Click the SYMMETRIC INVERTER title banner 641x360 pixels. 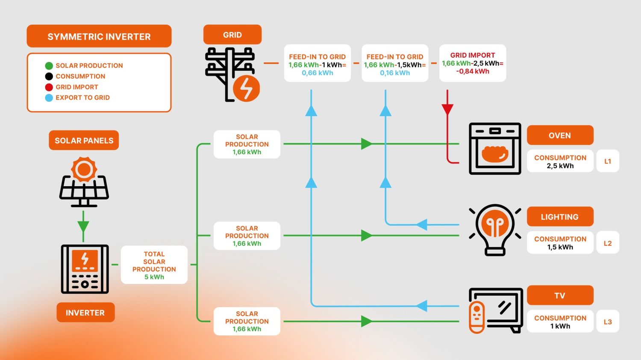[x=99, y=36]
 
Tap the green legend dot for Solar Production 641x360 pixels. [x=49, y=66]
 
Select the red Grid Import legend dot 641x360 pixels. [x=49, y=87]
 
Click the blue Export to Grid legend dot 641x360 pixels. [x=49, y=98]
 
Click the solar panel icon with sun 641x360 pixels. [x=84, y=182]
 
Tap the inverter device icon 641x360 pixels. [x=85, y=269]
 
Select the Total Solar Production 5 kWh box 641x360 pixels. [x=154, y=265]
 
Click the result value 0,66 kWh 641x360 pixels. [x=317, y=73]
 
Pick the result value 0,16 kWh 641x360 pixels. [x=395, y=73]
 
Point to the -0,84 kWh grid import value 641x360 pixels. [x=472, y=71]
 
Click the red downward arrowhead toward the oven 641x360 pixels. [x=447, y=109]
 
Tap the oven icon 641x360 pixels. [x=495, y=149]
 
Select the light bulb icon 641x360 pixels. [x=495, y=229]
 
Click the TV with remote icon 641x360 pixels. [x=496, y=310]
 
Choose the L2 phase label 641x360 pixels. [x=607, y=243]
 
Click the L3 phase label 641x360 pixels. [x=607, y=322]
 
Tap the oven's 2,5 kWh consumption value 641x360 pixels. [x=560, y=166]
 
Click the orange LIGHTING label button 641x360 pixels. [x=560, y=217]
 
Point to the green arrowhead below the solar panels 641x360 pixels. [x=83, y=227]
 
